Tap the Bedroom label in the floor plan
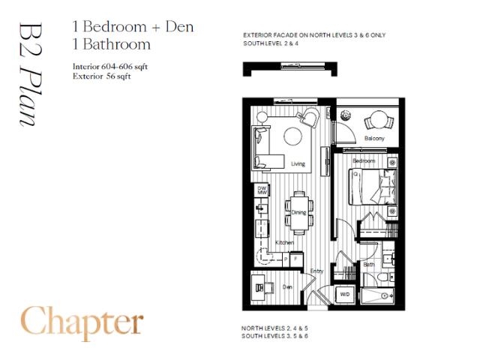[364, 161]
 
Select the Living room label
[298, 164]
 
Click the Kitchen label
[283, 242]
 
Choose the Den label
[286, 286]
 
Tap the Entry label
[316, 271]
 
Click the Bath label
[369, 264]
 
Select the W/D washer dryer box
[346, 294]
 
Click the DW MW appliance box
[262, 190]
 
